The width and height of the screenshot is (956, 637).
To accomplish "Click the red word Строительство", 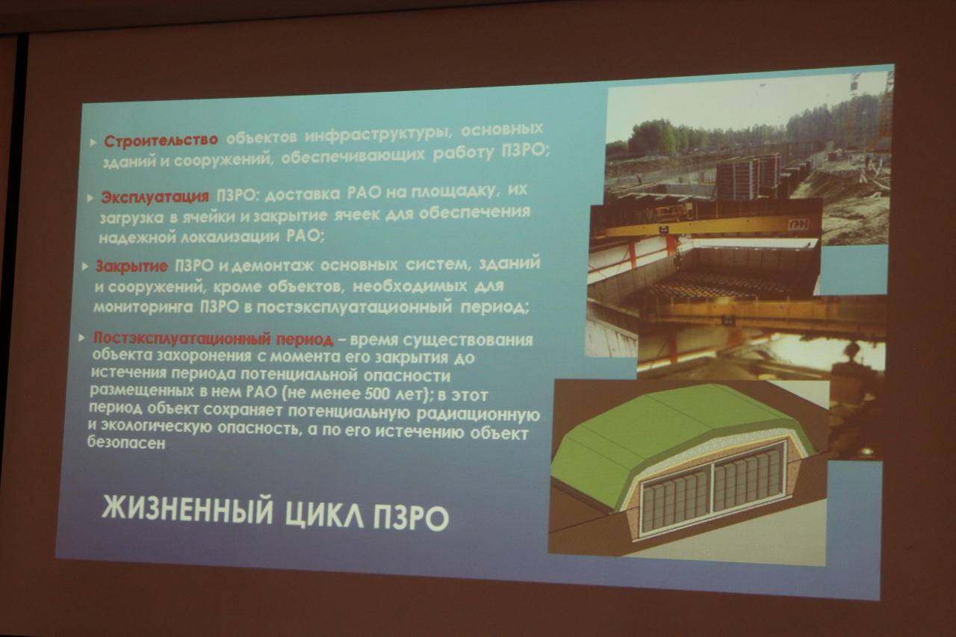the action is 161,140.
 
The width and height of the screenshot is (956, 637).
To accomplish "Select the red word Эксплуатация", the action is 155,196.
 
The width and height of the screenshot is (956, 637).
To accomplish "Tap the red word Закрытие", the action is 131,267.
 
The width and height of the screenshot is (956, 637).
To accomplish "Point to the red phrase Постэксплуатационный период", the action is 213,338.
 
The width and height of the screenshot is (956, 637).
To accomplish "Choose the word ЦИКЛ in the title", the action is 324,515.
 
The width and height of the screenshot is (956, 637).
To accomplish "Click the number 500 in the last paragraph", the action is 377,394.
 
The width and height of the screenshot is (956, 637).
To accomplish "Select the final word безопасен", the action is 126,443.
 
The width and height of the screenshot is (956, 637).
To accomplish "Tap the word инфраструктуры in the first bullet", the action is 378,135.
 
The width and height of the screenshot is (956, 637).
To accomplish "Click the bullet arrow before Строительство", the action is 93,143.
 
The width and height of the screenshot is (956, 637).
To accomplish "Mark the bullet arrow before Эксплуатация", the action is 90,198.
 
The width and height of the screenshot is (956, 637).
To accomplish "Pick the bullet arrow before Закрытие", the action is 85,267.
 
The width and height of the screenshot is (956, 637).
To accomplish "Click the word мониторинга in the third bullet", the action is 143,307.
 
